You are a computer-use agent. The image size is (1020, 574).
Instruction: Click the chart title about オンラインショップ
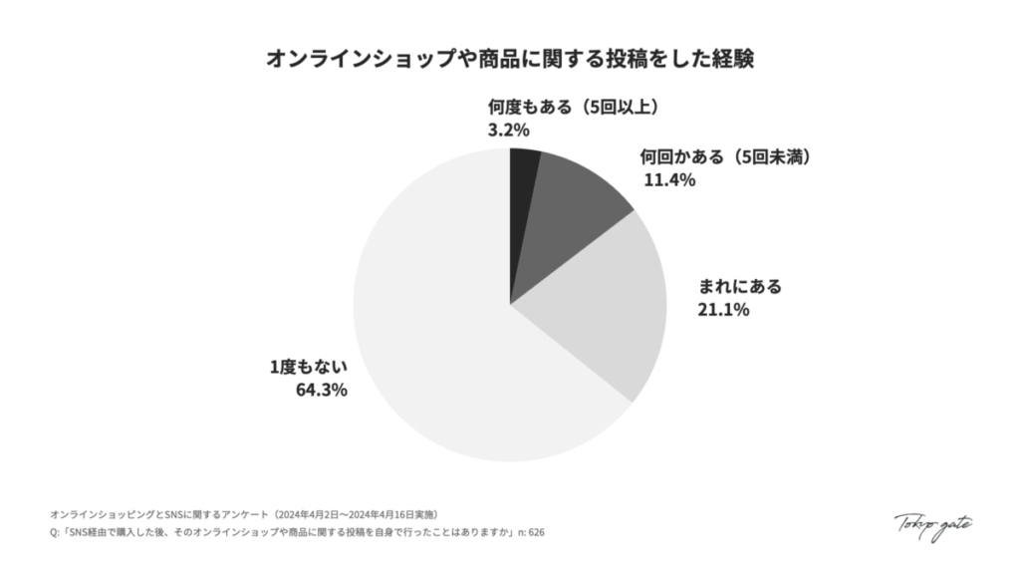pos(509,59)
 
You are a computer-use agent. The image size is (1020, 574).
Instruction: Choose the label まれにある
pos(740,287)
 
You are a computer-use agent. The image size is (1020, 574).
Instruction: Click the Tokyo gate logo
pos(932,525)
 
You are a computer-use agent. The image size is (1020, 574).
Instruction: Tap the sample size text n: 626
pos(528,533)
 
